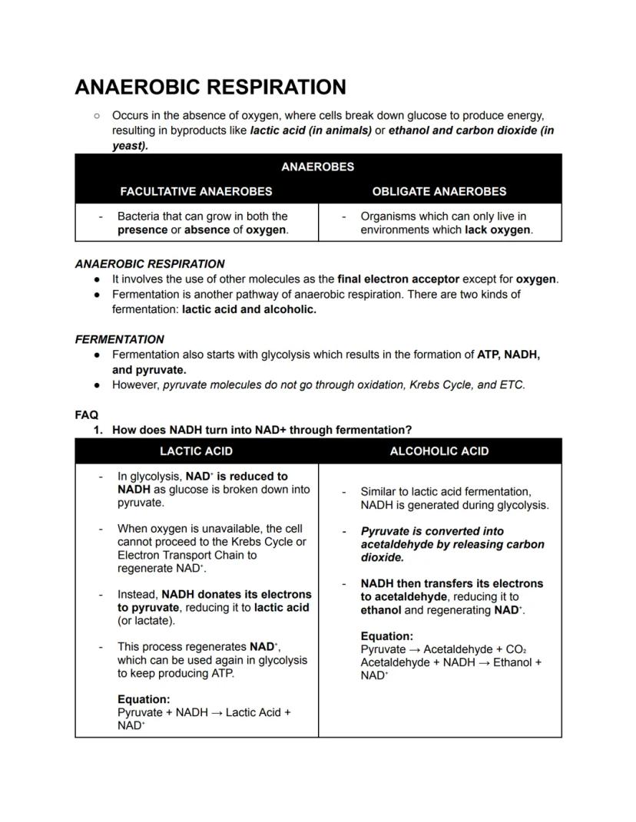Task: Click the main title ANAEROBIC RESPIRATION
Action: point(210,87)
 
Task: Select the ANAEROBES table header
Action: point(317,167)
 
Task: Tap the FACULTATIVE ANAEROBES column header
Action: point(196,191)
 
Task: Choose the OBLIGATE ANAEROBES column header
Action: point(439,191)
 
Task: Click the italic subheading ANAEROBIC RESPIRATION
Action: point(150,264)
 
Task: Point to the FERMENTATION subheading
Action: point(119,339)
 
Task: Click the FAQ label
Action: point(86,414)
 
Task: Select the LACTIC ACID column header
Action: point(196,451)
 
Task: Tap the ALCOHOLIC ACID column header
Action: point(439,451)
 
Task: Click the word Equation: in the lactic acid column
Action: point(144,699)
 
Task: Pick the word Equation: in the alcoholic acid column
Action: point(386,636)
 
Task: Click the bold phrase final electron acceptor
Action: point(398,279)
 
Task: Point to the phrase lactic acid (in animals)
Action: point(310,130)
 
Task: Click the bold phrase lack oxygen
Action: point(498,229)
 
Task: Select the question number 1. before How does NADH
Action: point(98,430)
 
